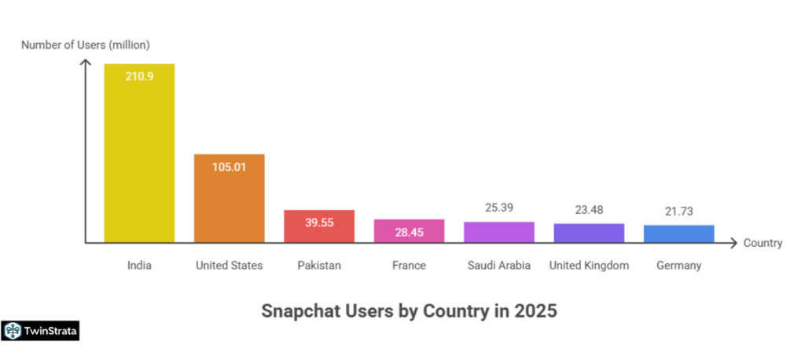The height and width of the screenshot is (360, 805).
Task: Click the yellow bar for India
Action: [139, 153]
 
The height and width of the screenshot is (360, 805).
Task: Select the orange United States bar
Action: [229, 198]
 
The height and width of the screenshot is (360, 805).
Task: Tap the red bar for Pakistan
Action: [318, 226]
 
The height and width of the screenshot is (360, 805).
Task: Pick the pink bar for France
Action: [409, 230]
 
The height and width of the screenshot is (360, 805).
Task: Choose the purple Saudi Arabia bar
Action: [498, 232]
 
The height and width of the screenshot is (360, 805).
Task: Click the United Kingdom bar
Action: [589, 233]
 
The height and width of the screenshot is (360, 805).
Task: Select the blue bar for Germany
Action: [678, 233]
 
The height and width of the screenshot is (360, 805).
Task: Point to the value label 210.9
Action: [139, 76]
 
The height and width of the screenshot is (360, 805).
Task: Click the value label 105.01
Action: [229, 167]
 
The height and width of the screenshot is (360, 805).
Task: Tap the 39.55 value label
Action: [318, 222]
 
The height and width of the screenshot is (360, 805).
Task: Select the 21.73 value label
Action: [678, 211]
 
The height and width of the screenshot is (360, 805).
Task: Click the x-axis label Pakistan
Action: [318, 266]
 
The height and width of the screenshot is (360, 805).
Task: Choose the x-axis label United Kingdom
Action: [589, 266]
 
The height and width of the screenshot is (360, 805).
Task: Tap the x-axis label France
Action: [409, 266]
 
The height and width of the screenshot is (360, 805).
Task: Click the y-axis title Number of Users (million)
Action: [85, 45]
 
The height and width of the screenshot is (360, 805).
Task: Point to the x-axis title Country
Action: [763, 243]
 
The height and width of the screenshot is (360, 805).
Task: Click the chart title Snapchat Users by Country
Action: [409, 310]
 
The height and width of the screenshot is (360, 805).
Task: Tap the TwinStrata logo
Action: [40, 331]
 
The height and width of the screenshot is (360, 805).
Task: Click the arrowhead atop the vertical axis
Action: [85, 64]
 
